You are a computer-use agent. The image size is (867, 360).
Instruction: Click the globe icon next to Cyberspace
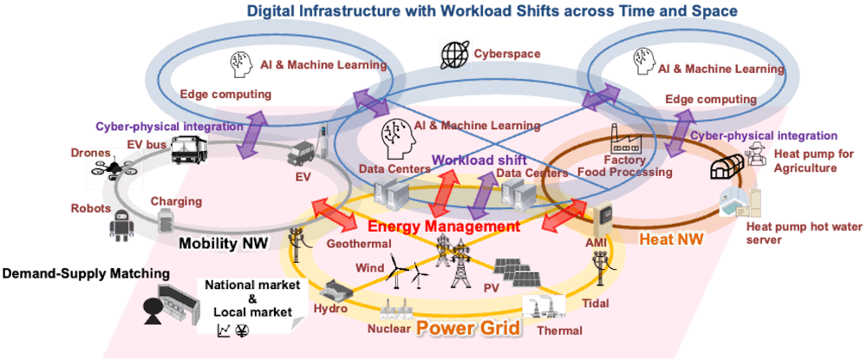pos(454,54)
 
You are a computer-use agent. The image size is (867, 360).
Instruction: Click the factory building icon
pos(628,139)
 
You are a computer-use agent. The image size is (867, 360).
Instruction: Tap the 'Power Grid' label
pos(467,329)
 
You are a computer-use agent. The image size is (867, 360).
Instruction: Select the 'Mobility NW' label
pos(220,244)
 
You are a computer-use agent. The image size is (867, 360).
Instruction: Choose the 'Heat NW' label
pos(672,236)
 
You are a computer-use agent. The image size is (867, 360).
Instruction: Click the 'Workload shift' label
pos(469,160)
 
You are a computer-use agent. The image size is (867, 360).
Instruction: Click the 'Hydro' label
pos(330,308)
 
